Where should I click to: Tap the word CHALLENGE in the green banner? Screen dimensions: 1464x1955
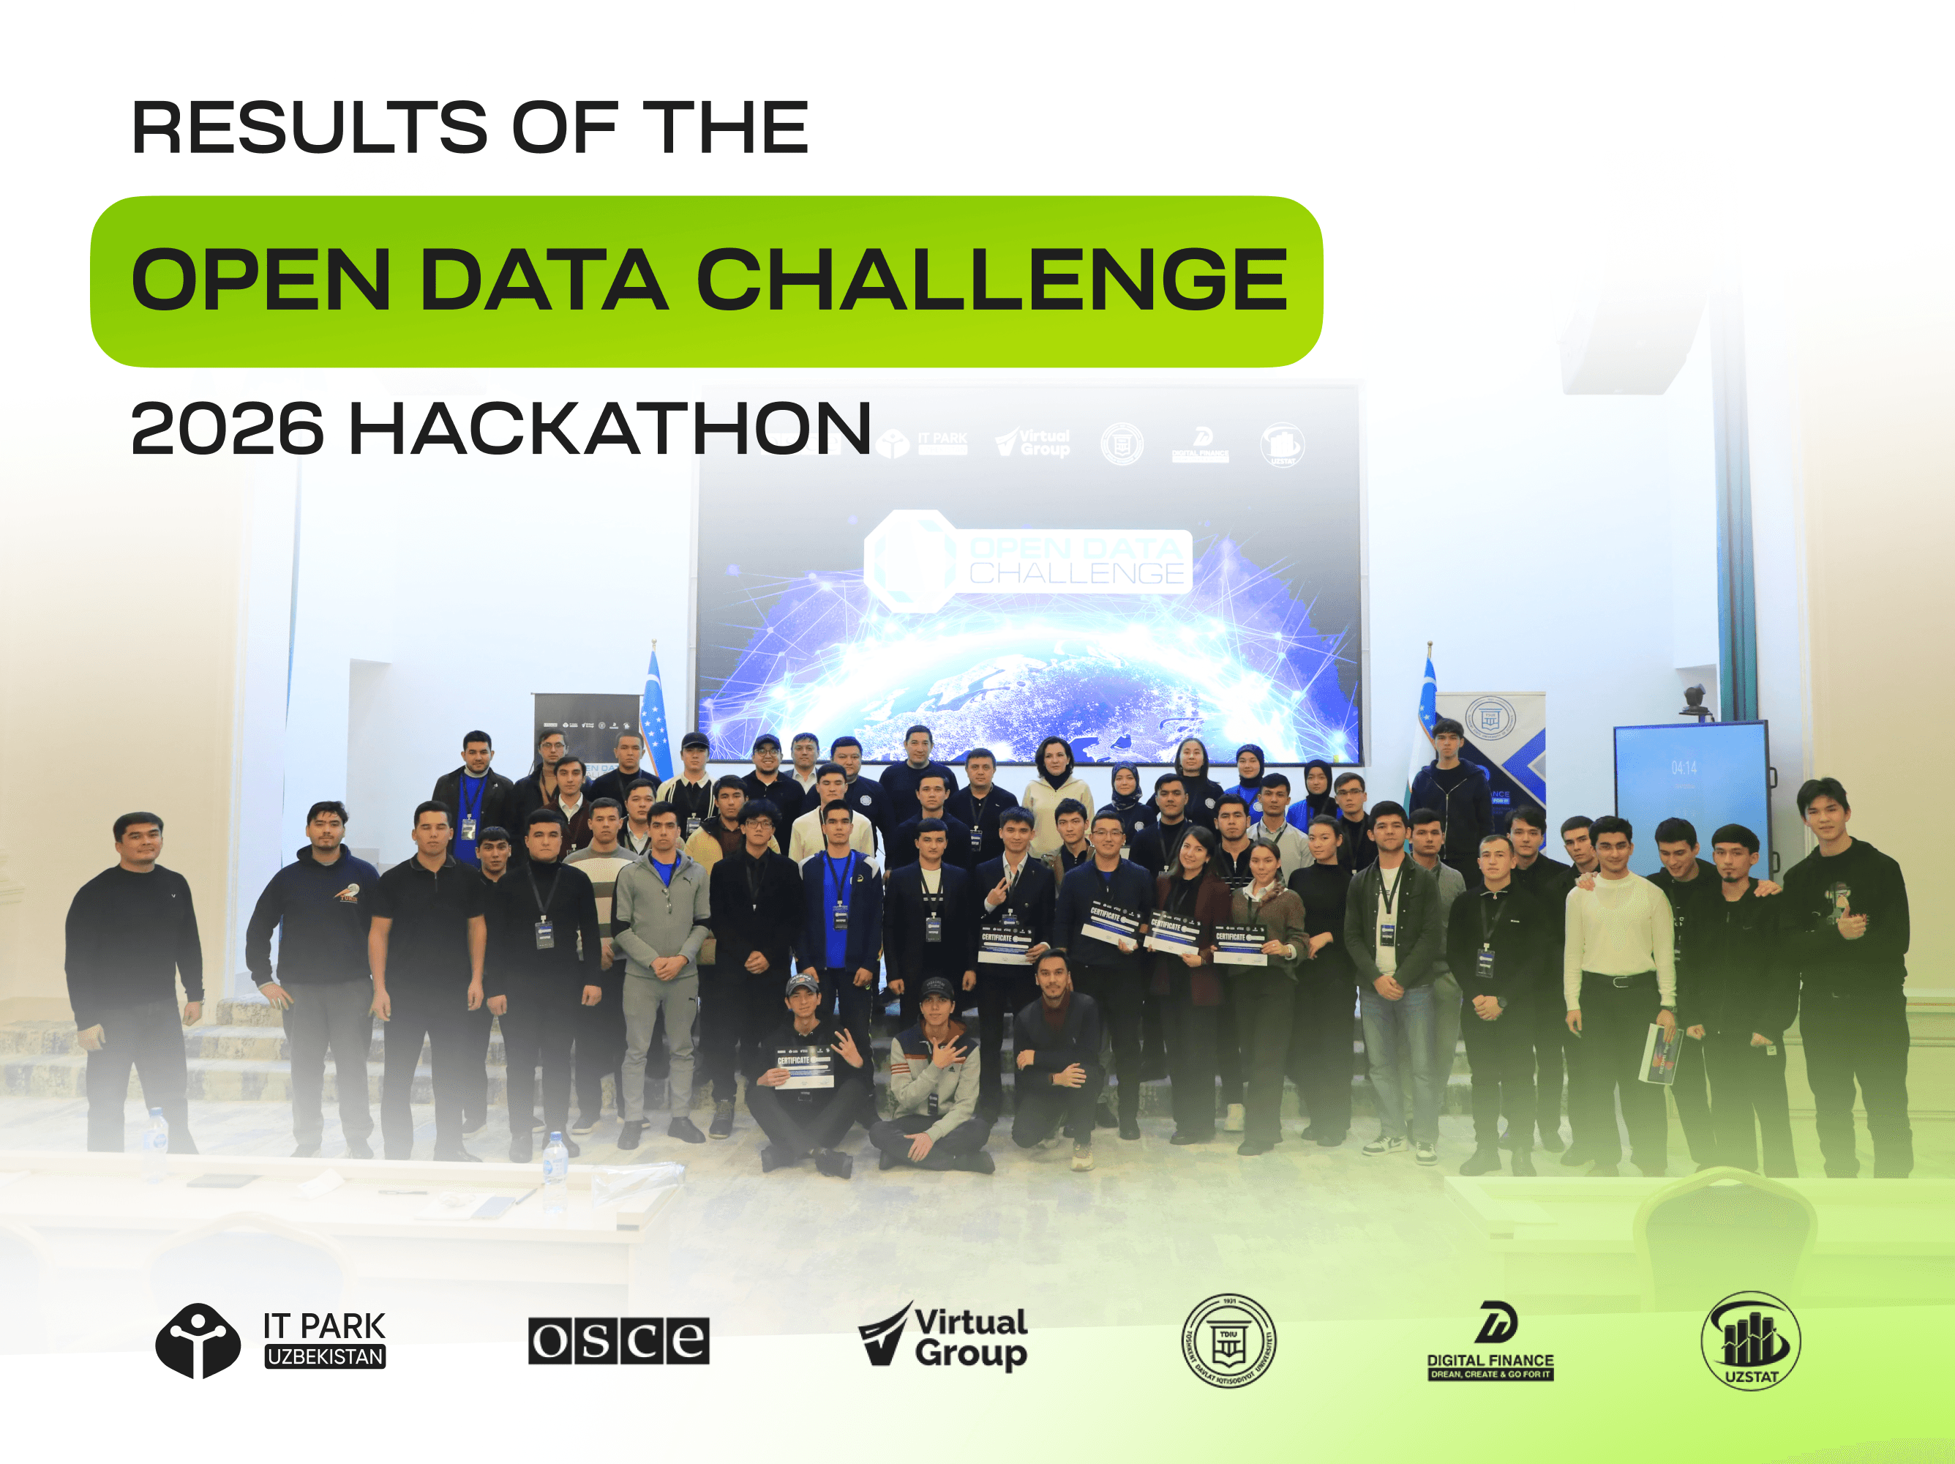(991, 280)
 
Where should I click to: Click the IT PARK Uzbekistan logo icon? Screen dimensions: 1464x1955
(198, 1340)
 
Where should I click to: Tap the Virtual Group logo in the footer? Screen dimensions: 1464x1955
(943, 1337)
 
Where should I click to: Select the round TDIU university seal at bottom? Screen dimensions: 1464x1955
(1228, 1340)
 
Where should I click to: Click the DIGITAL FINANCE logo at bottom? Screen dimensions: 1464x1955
(1490, 1340)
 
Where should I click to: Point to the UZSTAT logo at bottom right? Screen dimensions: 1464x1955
(1750, 1340)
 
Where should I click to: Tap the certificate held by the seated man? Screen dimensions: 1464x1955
(803, 1067)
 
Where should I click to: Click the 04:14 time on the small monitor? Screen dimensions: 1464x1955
(1684, 767)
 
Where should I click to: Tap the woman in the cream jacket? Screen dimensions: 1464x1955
(1057, 796)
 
